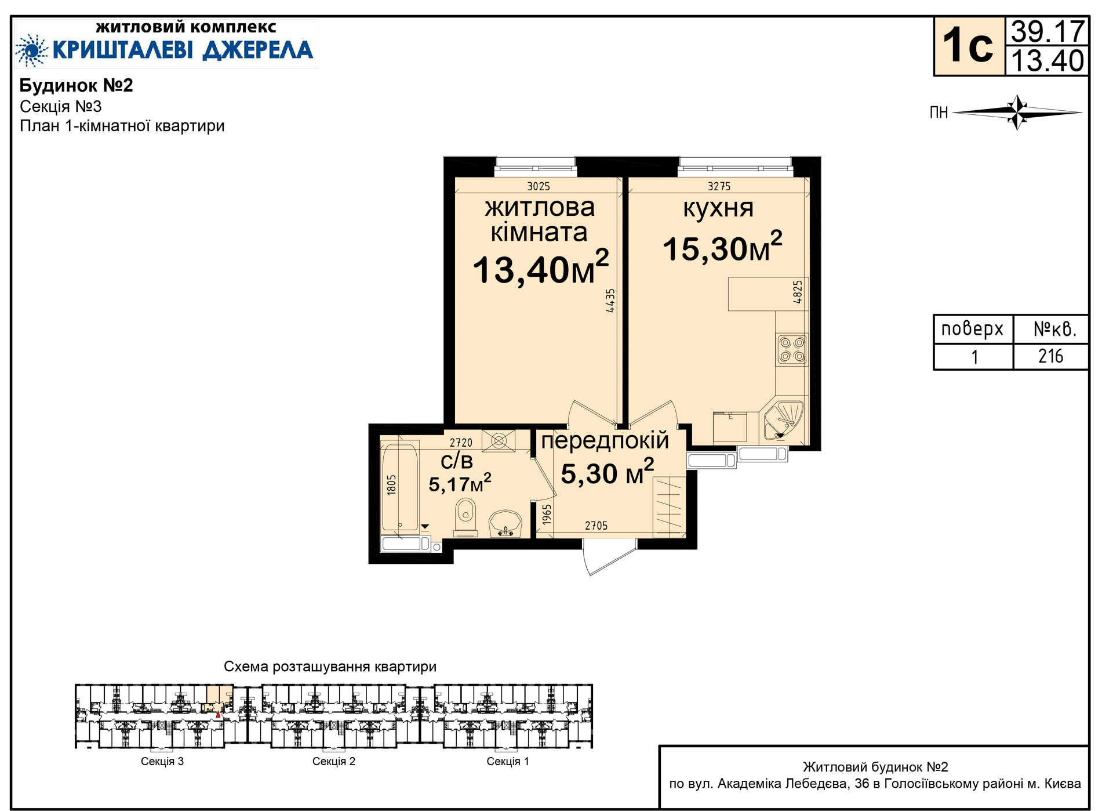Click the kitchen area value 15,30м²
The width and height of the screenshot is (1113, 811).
coord(722,247)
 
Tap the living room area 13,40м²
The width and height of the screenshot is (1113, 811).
coord(541,268)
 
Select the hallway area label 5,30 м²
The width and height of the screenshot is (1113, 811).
coord(608,472)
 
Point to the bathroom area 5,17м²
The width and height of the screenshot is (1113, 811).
coord(460,483)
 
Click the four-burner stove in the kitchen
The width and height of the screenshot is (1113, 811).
coord(792,349)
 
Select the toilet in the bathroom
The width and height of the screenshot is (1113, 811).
coord(465,518)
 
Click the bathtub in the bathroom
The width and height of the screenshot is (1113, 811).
coord(400,488)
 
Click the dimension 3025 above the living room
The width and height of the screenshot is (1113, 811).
coord(539,186)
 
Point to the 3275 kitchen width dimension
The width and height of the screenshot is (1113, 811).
coord(719,186)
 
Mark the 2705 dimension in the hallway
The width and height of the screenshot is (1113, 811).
coord(596,526)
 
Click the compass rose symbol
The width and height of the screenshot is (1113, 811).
coord(1017,112)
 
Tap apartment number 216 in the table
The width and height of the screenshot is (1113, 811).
coord(1050,356)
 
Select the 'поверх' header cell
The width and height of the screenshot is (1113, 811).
coord(972,329)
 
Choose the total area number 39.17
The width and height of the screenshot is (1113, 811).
coord(1047,31)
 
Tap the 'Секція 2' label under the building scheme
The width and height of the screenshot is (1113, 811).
coord(334,761)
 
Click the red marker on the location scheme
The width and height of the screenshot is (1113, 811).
coord(218,715)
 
